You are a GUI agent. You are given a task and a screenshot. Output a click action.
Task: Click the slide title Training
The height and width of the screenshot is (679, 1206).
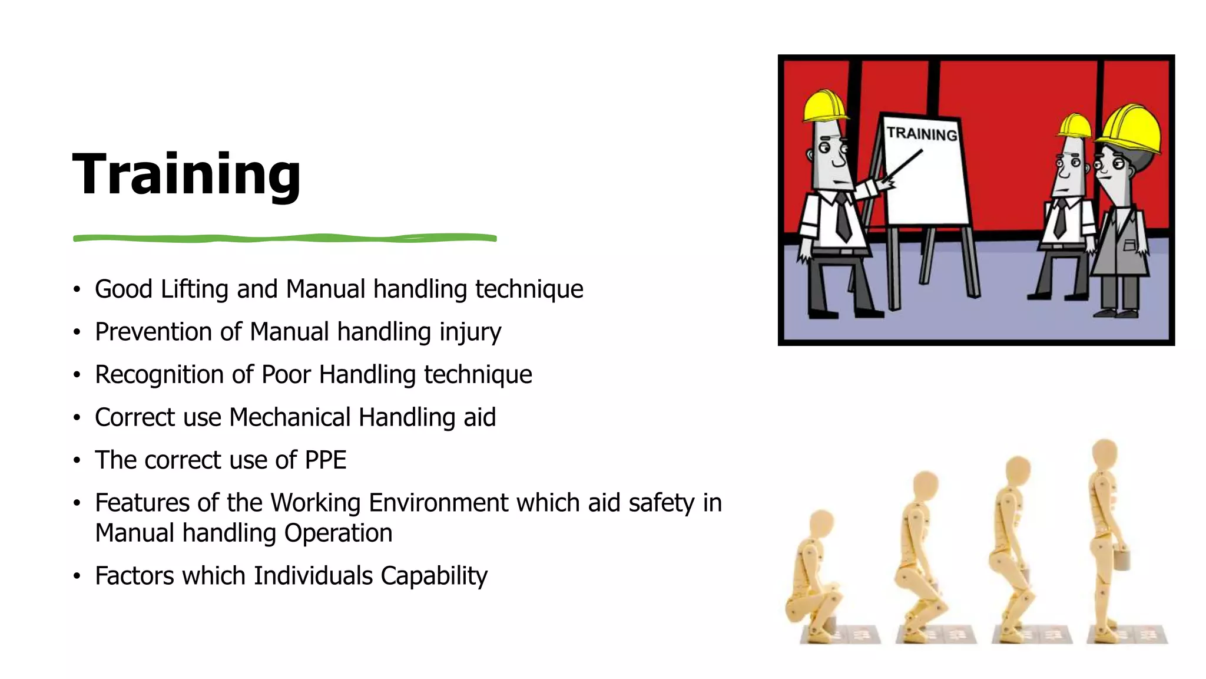(x=186, y=174)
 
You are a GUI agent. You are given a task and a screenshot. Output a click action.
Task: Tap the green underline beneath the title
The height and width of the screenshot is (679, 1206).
(x=284, y=238)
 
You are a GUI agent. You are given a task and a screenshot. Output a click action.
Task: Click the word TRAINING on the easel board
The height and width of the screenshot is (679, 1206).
(x=922, y=134)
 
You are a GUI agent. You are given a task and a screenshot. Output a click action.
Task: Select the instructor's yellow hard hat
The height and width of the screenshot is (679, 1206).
(x=824, y=106)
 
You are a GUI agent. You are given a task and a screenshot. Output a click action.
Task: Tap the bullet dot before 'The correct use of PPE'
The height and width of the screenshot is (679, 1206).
(x=77, y=460)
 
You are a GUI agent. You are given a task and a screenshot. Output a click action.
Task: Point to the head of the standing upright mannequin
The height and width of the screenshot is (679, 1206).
(x=1105, y=454)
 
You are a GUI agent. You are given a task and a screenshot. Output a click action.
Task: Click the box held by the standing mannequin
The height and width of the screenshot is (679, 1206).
(x=1121, y=559)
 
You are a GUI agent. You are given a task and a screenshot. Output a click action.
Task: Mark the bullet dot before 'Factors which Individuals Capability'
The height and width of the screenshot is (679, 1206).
(x=77, y=576)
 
